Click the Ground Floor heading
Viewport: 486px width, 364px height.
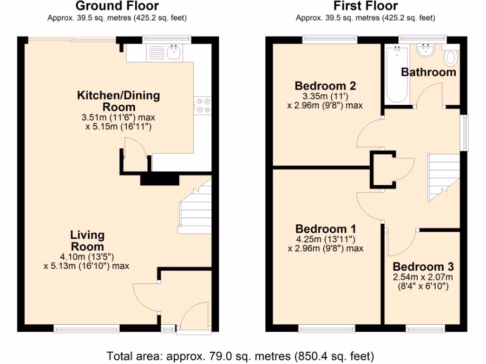point(117,6)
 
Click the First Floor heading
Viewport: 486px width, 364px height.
point(365,6)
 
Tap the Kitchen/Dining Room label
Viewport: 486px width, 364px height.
point(119,101)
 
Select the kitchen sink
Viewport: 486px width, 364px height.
point(174,52)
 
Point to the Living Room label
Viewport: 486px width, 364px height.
point(87,241)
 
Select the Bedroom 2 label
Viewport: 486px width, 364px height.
point(325,86)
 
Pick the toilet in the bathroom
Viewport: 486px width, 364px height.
point(451,58)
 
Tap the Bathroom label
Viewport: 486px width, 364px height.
point(428,72)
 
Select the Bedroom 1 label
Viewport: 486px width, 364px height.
point(325,228)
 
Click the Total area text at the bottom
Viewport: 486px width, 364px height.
point(240,355)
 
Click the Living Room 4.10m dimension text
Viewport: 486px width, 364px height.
point(86,257)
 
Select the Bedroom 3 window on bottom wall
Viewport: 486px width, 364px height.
point(425,328)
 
